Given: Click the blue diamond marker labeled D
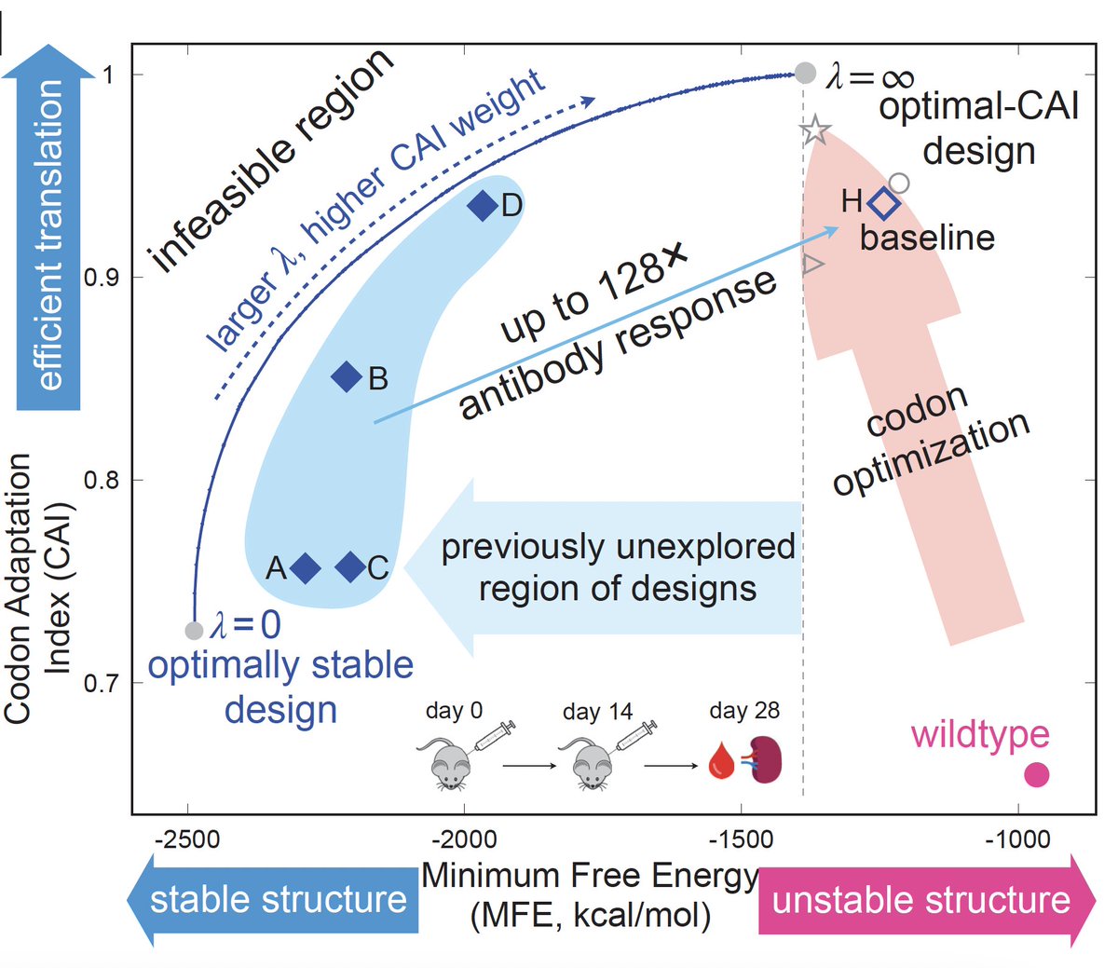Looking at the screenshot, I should [483, 205].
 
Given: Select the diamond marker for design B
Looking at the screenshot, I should [347, 377].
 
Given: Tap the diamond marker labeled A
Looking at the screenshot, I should [306, 567].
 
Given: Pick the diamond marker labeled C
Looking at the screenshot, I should [350, 566].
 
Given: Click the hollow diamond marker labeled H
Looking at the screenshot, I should [883, 203].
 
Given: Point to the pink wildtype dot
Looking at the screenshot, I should [1037, 774].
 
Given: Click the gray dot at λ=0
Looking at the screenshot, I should [194, 631].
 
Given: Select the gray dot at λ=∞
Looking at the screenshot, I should [806, 73].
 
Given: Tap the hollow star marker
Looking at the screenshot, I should [815, 130].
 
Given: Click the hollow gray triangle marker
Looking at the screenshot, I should [813, 265].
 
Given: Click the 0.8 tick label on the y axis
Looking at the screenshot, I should [102, 481].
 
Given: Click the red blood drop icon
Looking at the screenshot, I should [722, 761].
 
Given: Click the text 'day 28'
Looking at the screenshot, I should [744, 711].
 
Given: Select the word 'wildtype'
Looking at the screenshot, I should [980, 734].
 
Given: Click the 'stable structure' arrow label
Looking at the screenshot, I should [278, 900].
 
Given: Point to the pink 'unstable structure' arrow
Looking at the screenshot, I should [922, 900].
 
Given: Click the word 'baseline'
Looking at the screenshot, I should [927, 239].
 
